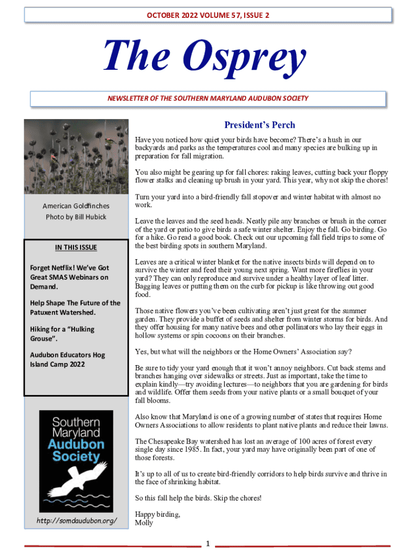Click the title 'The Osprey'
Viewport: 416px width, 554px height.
(205, 58)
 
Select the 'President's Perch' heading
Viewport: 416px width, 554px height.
(260, 126)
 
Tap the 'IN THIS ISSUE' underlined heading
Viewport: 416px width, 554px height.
(76, 248)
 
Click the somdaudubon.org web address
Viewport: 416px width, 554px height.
(76, 520)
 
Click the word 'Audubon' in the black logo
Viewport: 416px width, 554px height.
(76, 445)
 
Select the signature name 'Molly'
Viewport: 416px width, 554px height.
(144, 523)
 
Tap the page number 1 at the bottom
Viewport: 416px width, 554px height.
(207, 543)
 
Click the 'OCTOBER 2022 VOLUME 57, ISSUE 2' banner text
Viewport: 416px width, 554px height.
(208, 15)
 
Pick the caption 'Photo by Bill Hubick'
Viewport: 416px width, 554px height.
(76, 217)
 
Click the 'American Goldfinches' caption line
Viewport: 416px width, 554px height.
(76, 206)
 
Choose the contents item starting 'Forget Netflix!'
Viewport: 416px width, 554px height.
(70, 277)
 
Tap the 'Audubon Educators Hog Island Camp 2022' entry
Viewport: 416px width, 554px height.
(68, 360)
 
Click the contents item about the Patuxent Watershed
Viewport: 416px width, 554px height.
(75, 308)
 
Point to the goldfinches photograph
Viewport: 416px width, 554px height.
(76, 157)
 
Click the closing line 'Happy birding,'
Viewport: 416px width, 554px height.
(157, 515)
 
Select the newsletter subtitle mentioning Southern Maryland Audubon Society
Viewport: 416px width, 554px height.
(208, 98)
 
